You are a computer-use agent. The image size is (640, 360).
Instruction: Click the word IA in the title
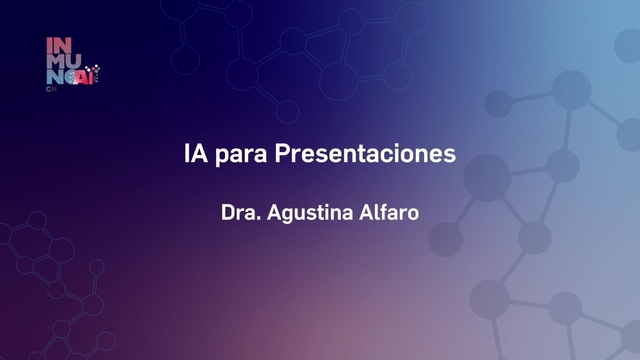point(197,155)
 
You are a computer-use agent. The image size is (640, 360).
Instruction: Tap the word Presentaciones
point(365,155)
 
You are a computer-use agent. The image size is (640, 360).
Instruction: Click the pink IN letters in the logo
point(58,44)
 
